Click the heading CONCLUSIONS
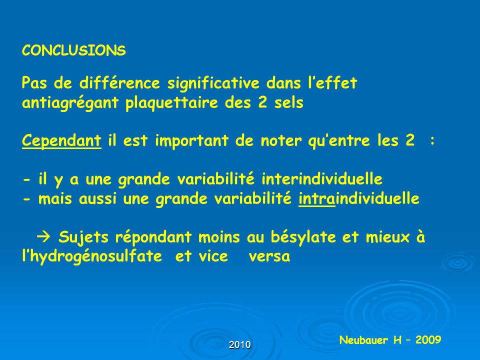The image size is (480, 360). (x=74, y=50)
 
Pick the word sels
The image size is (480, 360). (x=288, y=102)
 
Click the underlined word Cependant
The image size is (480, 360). (x=61, y=141)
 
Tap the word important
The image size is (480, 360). (x=191, y=141)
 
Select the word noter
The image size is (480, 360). (x=280, y=141)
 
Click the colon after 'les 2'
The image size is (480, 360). (x=432, y=141)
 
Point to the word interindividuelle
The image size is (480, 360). (x=322, y=179)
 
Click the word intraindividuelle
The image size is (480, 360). (x=359, y=198)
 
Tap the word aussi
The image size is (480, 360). (x=97, y=198)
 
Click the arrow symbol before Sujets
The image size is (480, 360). (x=43, y=236)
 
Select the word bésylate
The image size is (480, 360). (x=303, y=237)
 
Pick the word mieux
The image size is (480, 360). (x=387, y=237)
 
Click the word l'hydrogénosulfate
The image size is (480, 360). (x=92, y=256)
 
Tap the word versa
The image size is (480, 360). (x=269, y=256)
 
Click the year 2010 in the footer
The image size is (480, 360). (x=239, y=345)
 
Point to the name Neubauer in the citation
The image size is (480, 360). (x=364, y=340)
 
